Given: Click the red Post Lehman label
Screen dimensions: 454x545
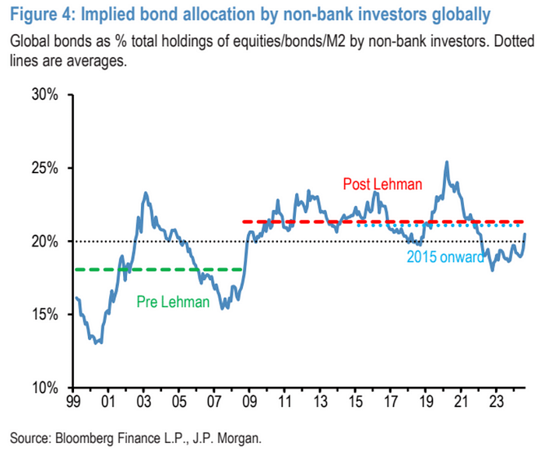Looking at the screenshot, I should coord(382,185).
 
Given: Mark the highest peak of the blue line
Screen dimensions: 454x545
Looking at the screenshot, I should coord(446,162).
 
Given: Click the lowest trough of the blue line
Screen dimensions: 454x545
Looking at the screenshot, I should coord(97,342).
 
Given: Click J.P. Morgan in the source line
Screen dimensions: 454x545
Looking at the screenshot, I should coord(230,438).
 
